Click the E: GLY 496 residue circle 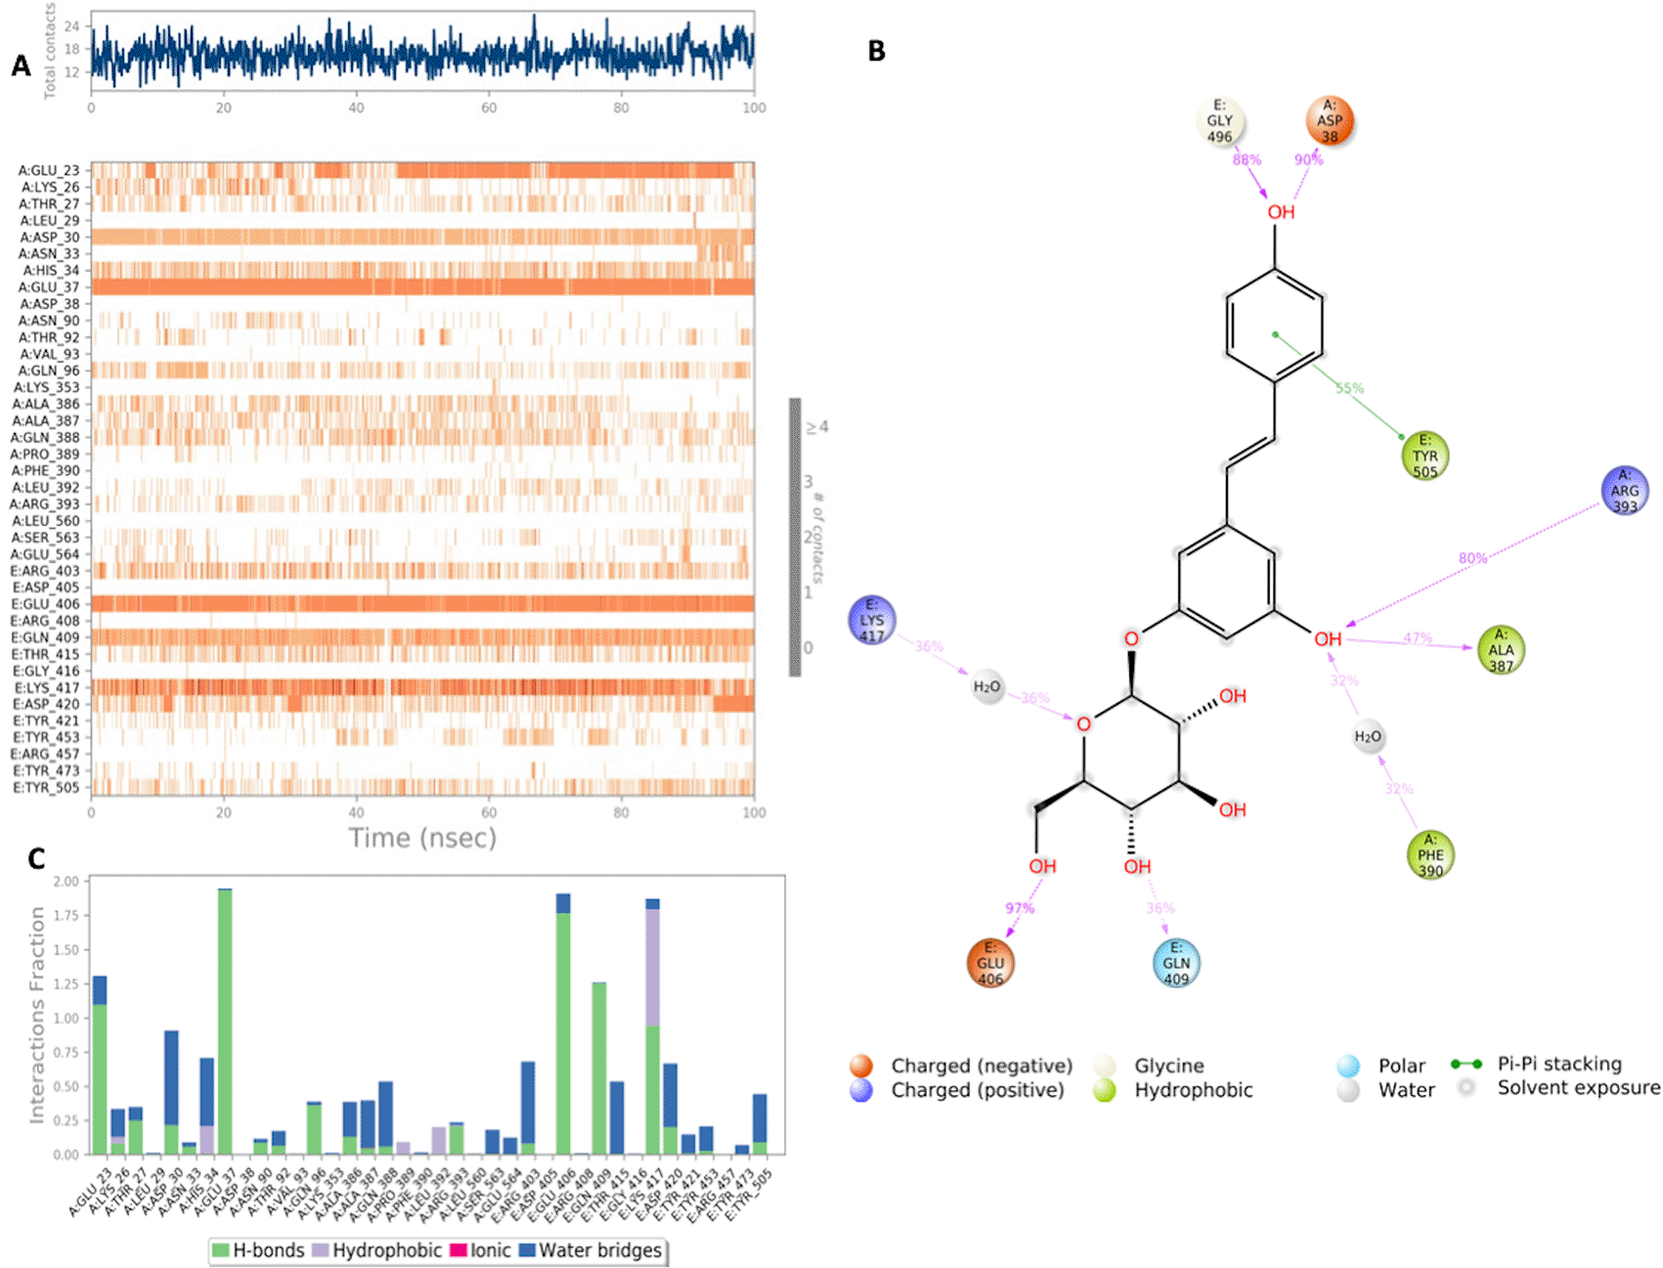point(1220,122)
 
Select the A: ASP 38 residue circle point(1330,122)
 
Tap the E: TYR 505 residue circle point(1424,457)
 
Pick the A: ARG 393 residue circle point(1625,491)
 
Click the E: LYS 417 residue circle point(872,621)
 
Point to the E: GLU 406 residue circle point(990,963)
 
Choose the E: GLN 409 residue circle point(1176,963)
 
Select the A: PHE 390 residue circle point(1430,855)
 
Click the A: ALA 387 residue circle point(1501,650)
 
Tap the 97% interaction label point(1020,908)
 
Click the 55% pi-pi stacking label point(1349,388)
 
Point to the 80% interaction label point(1472,558)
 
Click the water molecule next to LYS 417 point(987,687)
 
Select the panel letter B point(877,52)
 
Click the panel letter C point(36,858)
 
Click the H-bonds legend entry point(258,1250)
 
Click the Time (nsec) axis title point(422,839)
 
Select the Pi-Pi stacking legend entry point(1558,1064)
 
